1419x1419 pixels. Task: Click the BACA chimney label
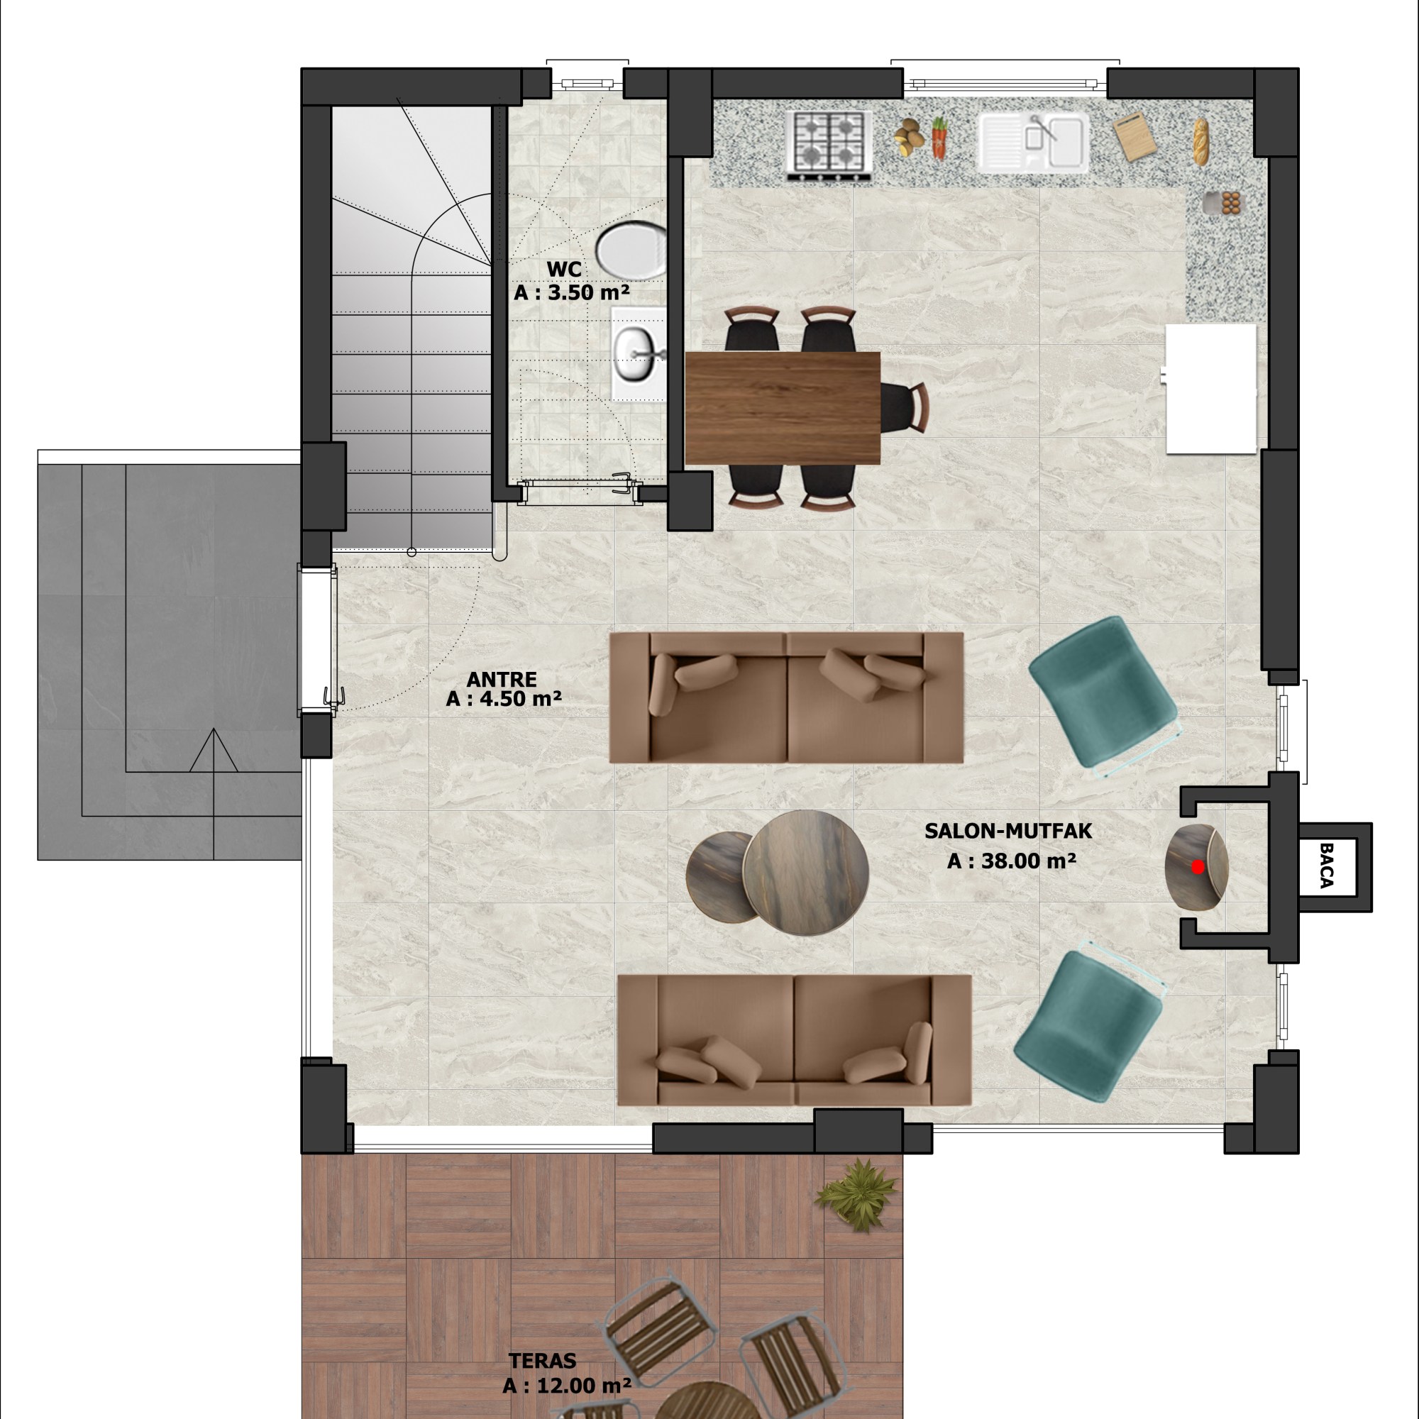point(1327,867)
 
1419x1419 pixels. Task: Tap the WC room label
point(564,269)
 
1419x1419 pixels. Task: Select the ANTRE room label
point(502,680)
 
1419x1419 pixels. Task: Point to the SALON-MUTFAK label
point(1008,831)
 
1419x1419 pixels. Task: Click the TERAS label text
point(543,1361)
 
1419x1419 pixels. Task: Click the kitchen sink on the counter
point(1032,143)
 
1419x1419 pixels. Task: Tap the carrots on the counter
point(938,138)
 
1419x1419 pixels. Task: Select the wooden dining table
point(782,408)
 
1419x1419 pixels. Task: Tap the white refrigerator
point(1212,389)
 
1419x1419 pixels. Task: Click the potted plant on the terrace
point(856,1195)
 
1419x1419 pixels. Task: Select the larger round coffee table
point(806,873)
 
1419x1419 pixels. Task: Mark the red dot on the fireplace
point(1198,868)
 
